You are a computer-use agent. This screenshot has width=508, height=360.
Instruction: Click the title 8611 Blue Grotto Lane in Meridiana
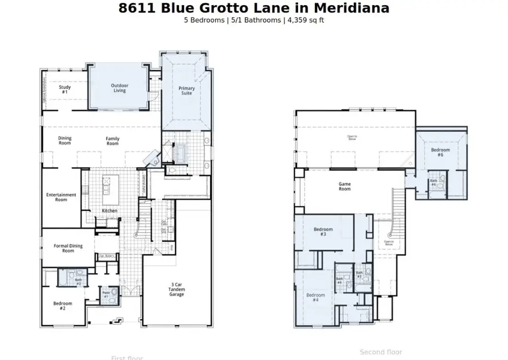(253, 8)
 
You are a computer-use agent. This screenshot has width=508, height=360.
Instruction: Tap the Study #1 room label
(64, 89)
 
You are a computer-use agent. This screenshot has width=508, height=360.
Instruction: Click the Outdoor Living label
(119, 88)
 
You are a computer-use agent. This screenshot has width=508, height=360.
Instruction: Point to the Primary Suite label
(187, 90)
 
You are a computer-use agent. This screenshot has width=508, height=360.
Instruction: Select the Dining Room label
(65, 141)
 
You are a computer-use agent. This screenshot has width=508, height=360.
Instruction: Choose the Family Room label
(113, 141)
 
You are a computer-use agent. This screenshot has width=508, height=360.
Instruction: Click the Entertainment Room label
(61, 197)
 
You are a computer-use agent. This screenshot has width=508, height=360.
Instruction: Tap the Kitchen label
(110, 210)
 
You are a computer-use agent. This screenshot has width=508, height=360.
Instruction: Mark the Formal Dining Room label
(68, 248)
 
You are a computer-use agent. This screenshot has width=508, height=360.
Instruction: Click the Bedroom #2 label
(63, 306)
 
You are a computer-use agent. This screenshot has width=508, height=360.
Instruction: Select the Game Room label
(344, 186)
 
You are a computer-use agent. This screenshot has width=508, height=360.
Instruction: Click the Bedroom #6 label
(440, 152)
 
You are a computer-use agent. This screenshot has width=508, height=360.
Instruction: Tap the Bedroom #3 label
(323, 231)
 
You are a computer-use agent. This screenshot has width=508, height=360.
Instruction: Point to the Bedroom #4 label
(316, 297)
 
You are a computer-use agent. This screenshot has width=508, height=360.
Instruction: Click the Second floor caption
(381, 352)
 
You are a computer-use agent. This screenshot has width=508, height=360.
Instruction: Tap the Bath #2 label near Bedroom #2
(78, 282)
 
